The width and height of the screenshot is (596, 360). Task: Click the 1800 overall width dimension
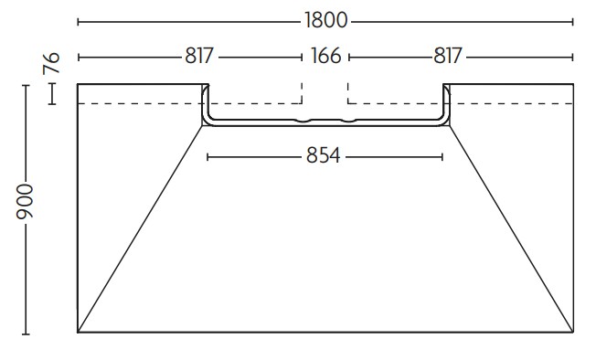(326, 20)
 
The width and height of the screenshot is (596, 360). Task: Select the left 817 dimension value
(199, 56)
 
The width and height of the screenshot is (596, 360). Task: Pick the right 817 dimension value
(448, 56)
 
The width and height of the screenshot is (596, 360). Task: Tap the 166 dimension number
(326, 56)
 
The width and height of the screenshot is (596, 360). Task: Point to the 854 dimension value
(323, 155)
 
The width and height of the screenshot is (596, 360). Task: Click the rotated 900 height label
(25, 201)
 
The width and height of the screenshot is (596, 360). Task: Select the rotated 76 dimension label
(52, 63)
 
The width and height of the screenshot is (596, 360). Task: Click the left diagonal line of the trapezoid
(140, 229)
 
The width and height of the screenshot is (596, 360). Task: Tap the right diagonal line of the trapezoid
(511, 229)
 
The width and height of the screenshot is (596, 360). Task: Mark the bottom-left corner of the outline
(78, 333)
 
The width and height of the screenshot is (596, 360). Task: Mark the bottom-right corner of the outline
(573, 333)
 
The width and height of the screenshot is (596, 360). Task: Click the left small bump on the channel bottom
(303, 122)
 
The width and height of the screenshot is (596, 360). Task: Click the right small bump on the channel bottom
(348, 122)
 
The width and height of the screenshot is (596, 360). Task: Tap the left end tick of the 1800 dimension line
(79, 22)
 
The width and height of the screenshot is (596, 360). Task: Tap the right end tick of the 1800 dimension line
(572, 22)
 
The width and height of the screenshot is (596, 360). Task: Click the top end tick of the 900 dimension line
(26, 86)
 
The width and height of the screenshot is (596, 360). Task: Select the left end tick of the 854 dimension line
(208, 157)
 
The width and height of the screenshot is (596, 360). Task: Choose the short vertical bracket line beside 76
(52, 94)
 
